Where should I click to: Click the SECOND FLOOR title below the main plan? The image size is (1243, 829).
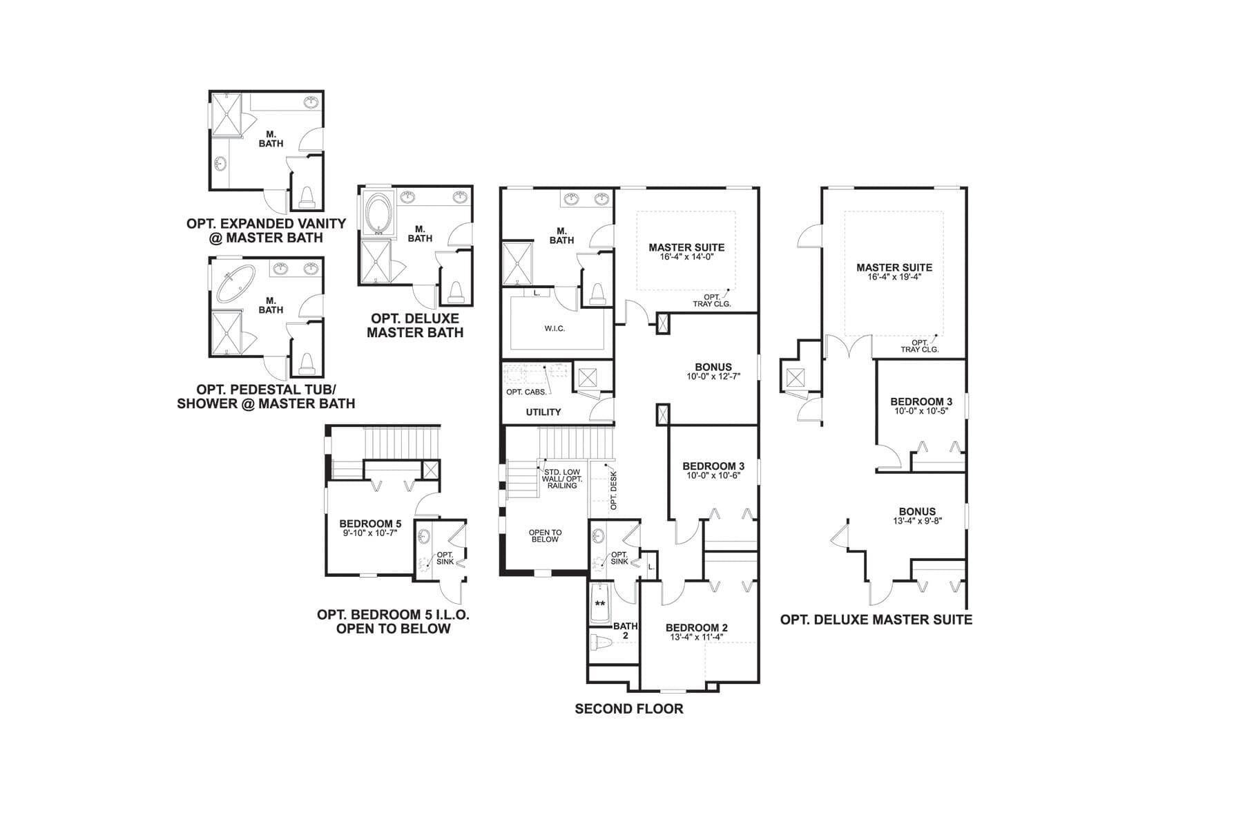coord(629,709)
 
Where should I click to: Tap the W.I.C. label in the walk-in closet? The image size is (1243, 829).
coord(555,328)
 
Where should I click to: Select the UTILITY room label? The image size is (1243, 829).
coord(543,412)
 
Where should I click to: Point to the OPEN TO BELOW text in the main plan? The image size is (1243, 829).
coord(545,535)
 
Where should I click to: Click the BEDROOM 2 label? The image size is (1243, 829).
coord(697,628)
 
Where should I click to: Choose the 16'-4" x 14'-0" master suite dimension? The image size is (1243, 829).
coord(686,256)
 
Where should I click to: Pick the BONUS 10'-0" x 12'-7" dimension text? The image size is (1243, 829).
coord(713,377)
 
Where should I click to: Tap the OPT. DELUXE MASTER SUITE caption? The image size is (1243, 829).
coord(876,620)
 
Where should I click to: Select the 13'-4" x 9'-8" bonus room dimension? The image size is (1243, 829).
coord(917,521)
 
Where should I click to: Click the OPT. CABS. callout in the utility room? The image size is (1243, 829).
coord(526,392)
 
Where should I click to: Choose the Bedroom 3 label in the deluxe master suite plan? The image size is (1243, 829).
coord(921,401)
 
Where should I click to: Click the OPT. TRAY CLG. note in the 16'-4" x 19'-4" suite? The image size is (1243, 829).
coord(920,346)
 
